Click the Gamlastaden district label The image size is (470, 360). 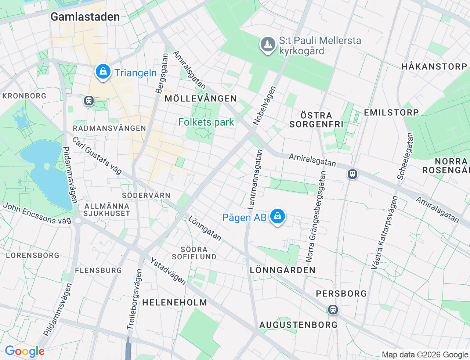85,17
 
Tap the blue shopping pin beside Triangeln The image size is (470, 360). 103,72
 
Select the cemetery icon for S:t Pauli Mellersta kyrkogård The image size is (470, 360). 268,44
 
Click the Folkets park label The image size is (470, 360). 206,122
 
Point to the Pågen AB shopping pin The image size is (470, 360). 278,216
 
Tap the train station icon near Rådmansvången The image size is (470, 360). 88,100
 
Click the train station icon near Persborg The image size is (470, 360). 333,309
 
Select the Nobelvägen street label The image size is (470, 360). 264,105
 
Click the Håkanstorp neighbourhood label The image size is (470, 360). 434,66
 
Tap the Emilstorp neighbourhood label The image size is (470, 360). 391,112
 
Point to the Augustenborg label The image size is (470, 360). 298,325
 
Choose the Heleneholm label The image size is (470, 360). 175,302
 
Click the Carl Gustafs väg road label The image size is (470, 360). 97,155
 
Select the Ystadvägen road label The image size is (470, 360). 168,271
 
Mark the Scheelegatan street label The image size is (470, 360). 405,156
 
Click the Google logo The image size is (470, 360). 25,352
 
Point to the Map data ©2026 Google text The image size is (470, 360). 425,354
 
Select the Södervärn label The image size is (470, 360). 146,195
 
